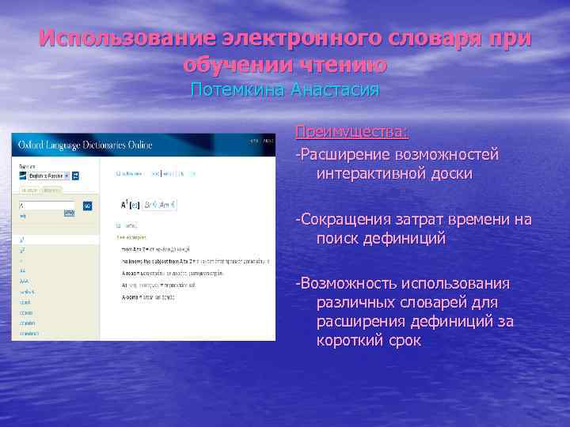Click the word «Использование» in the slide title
(x=126, y=39)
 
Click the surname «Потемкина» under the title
(x=237, y=90)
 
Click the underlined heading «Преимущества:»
(x=352, y=130)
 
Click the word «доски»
(x=450, y=173)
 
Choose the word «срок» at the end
(x=402, y=341)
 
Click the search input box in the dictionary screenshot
(x=47, y=206)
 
